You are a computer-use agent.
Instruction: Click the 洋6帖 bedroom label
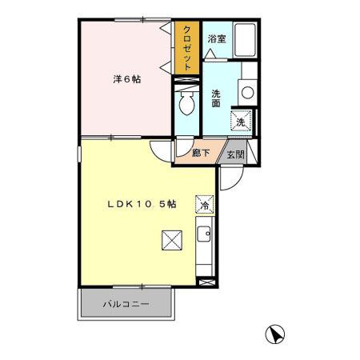pyautogui.click(x=126, y=80)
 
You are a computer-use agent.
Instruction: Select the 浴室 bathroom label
pyautogui.click(x=216, y=38)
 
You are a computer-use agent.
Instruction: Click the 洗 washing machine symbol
pyautogui.click(x=240, y=121)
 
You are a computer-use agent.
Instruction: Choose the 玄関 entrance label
pyautogui.click(x=234, y=154)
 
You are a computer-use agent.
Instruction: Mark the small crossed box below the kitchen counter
pyautogui.click(x=206, y=282)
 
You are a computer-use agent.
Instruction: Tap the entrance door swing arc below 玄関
pyautogui.click(x=229, y=181)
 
